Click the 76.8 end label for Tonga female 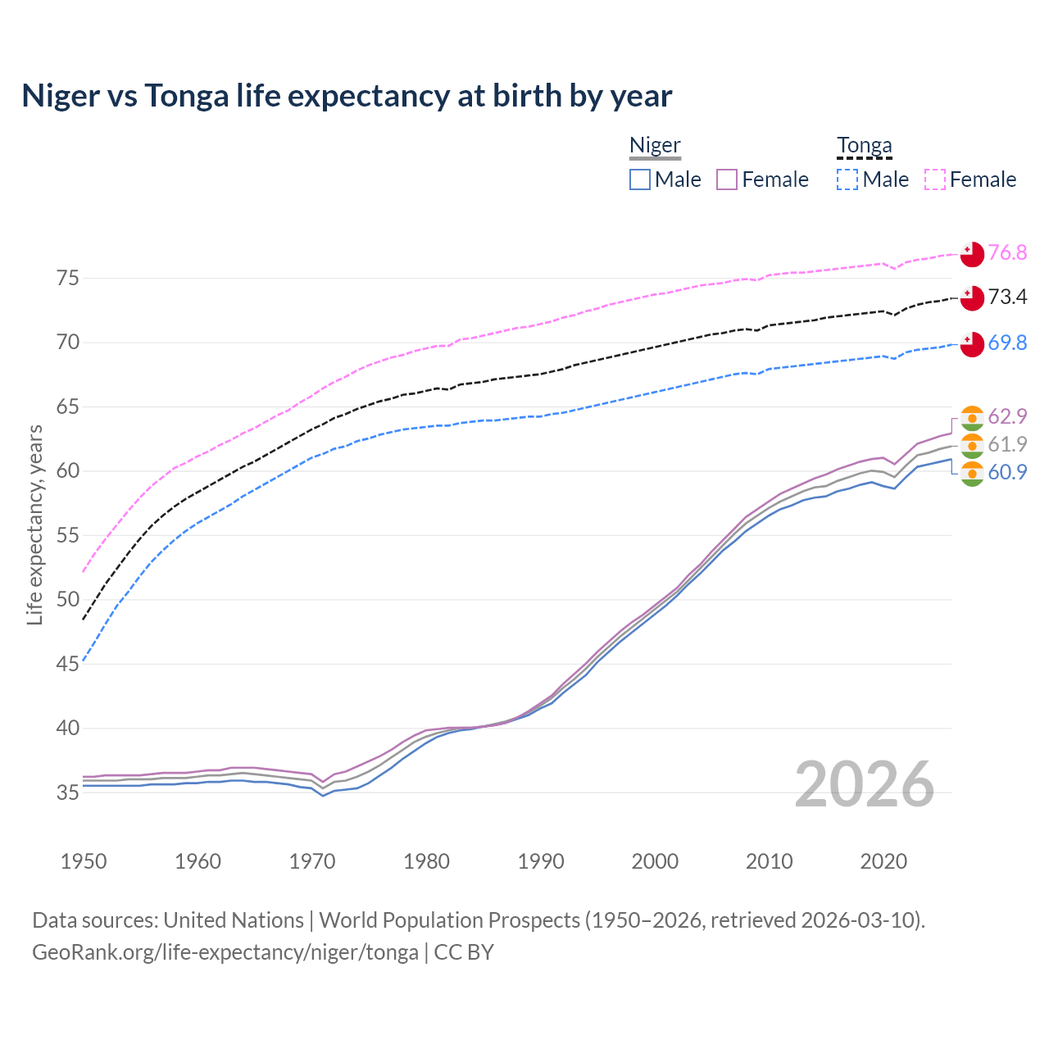click(x=1007, y=252)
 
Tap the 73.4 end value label click(x=1007, y=297)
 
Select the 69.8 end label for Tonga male click(x=1007, y=343)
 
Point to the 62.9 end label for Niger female click(x=1007, y=416)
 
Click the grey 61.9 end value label click(x=1007, y=444)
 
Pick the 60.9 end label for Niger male click(x=1007, y=472)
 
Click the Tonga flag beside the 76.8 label click(x=972, y=254)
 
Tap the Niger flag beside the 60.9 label click(x=972, y=474)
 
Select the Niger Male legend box click(x=640, y=179)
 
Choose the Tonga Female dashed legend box click(x=935, y=179)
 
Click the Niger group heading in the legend click(x=655, y=145)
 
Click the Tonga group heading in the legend click(x=864, y=145)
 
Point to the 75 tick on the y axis click(x=68, y=278)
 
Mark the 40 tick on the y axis click(x=68, y=728)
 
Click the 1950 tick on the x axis click(x=84, y=861)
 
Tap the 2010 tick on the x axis click(x=769, y=861)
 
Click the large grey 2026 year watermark click(x=864, y=784)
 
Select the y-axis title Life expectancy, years click(x=34, y=524)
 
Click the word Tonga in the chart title click(x=187, y=96)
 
